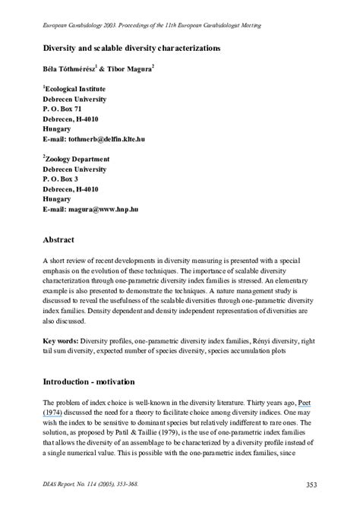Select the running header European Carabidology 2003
(81, 25)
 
